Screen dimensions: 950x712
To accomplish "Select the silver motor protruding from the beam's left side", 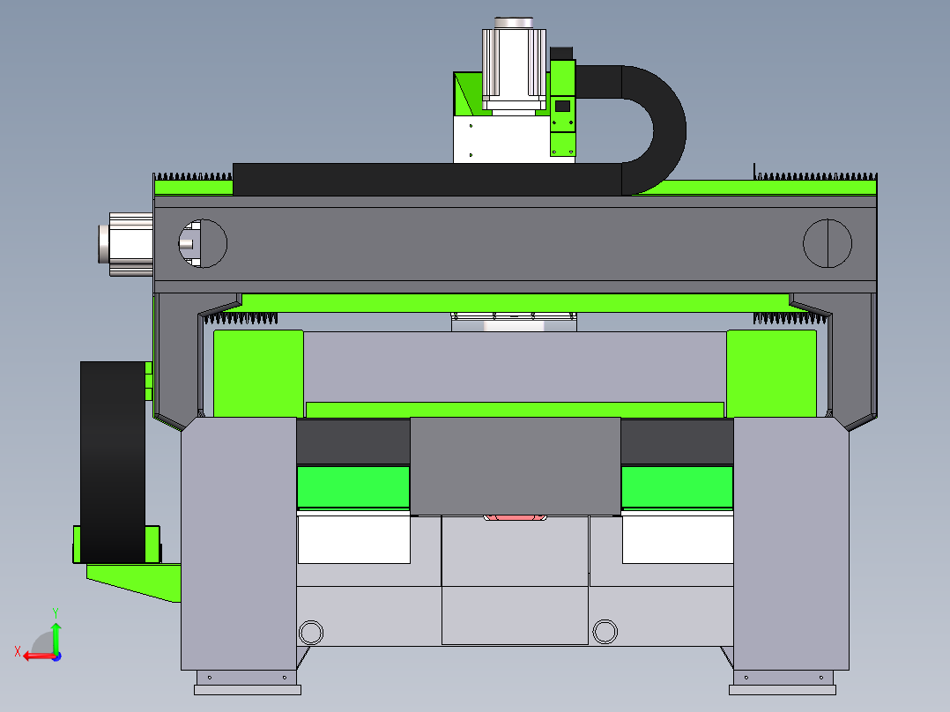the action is coord(126,244).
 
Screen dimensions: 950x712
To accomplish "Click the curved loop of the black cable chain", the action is coord(670,130).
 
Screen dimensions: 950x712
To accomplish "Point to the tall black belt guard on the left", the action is coord(114,462).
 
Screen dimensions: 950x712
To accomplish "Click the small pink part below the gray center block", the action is coord(515,517).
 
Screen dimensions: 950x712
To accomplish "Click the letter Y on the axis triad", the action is coord(56,613).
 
